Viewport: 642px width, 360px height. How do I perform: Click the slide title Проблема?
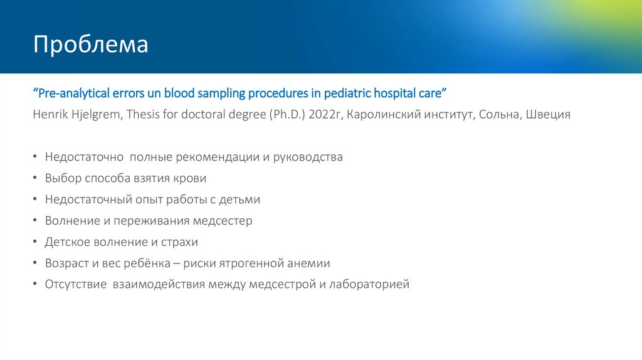[91, 46]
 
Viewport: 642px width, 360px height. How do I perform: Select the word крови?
[191, 179]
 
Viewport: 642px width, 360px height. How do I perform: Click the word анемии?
[308, 263]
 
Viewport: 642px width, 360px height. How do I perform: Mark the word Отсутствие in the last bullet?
[75, 285]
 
